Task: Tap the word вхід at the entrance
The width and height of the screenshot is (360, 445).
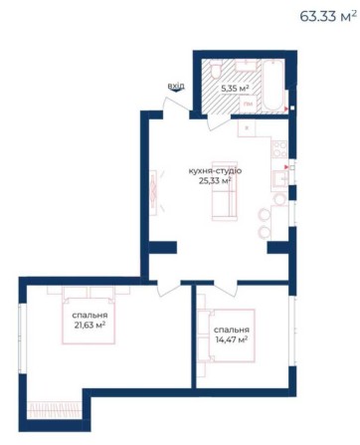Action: tap(176, 86)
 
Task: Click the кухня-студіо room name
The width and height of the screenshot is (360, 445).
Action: tap(215, 170)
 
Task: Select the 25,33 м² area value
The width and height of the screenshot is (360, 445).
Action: tap(215, 181)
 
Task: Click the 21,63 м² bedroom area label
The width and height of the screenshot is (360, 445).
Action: tap(89, 325)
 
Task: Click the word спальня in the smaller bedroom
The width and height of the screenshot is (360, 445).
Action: tap(231, 330)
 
